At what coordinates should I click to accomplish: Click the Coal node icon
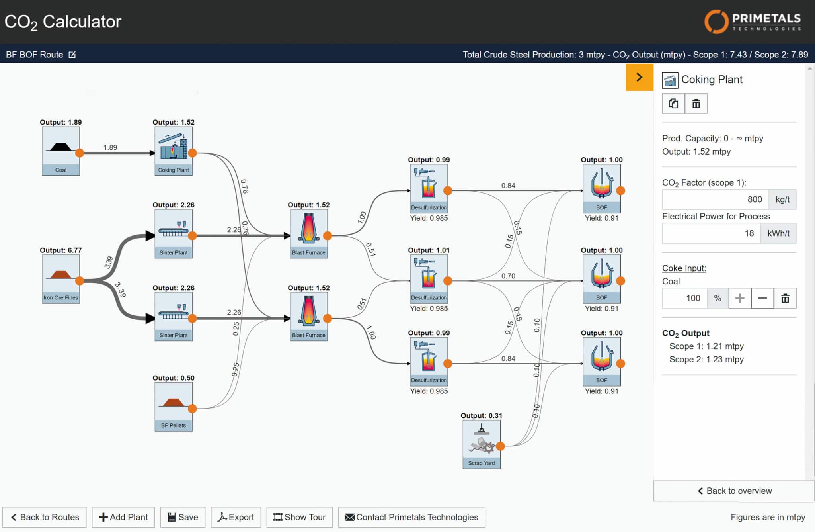61,151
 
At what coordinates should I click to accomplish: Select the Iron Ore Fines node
61,279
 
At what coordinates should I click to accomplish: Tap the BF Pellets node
174,407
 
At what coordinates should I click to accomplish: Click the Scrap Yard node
482,444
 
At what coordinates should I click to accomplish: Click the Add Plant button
123,517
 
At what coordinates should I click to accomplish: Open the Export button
236,517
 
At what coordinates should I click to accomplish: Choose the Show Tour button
300,517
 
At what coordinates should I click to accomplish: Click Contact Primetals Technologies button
412,517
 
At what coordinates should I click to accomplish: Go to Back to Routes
45,517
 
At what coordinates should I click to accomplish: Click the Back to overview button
734,491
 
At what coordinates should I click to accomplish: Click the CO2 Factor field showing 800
716,199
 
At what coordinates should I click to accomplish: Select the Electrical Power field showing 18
712,233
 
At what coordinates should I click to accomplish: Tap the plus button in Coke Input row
740,298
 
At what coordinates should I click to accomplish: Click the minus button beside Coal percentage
762,298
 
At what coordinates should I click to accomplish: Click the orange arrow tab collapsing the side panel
640,77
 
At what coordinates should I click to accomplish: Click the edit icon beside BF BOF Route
72,55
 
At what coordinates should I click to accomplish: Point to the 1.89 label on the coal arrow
110,147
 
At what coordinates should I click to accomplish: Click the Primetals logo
753,22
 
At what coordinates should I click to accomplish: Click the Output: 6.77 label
61,250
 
